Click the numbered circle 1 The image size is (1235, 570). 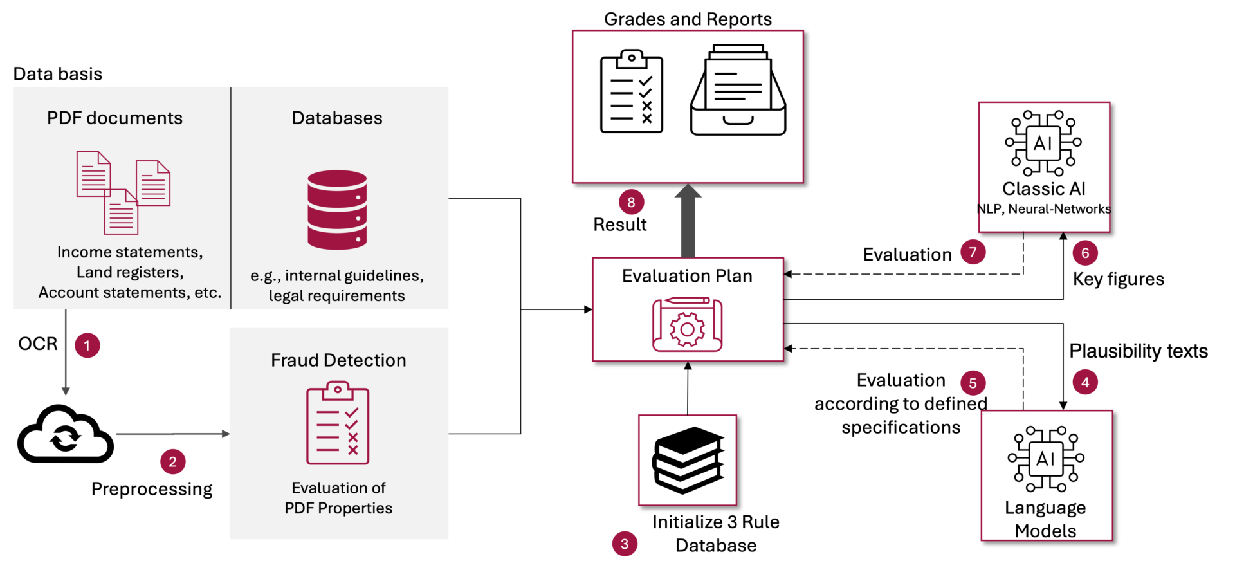[x=87, y=345]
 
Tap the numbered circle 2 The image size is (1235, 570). [x=172, y=462]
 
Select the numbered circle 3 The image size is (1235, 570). [x=625, y=544]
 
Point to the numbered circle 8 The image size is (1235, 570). [x=631, y=203]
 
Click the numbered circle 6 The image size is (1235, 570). [x=1085, y=253]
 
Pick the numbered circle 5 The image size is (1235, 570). [x=973, y=383]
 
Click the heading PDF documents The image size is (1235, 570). [x=114, y=118]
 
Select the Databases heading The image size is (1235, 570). [x=336, y=118]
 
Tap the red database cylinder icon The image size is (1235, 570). [x=337, y=210]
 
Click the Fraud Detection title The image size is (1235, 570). [x=338, y=360]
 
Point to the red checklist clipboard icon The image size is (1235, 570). [x=338, y=423]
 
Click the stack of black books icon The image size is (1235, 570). [x=688, y=460]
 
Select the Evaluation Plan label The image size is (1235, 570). [x=687, y=276]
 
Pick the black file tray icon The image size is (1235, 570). [x=738, y=90]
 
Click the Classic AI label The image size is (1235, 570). [x=1043, y=189]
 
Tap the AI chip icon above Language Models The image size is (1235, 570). [x=1046, y=459]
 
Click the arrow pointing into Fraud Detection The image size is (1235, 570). [x=172, y=434]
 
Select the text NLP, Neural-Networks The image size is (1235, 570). [x=1043, y=209]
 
